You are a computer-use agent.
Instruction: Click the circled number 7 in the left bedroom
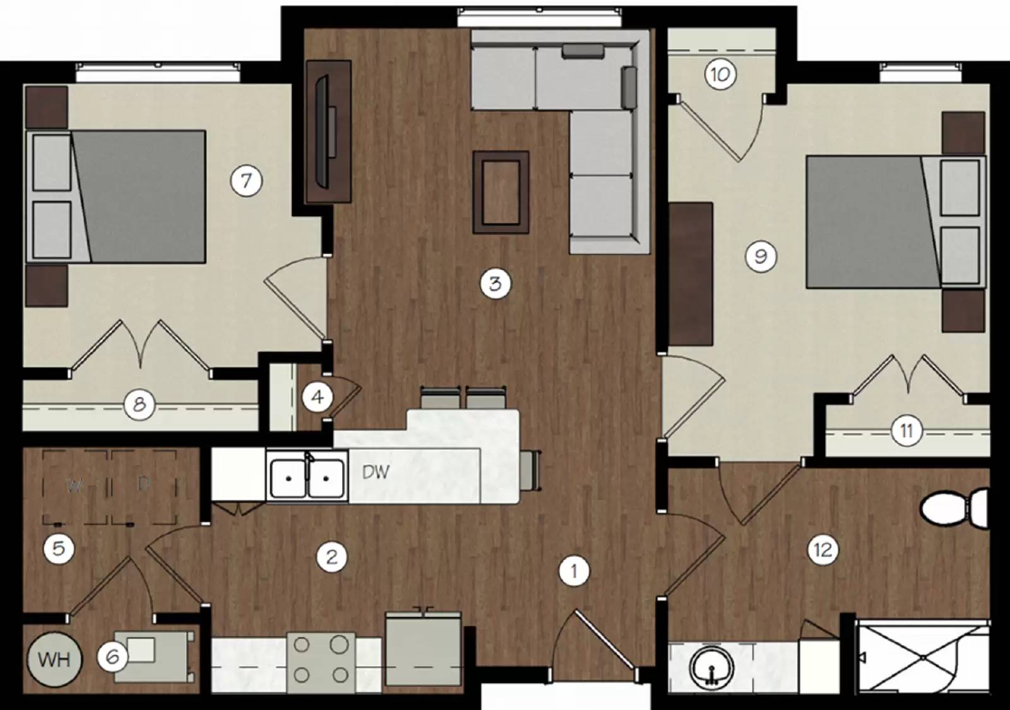246,181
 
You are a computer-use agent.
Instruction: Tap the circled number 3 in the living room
495,284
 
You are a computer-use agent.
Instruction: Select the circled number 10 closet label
720,75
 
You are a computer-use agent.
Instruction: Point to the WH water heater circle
54,659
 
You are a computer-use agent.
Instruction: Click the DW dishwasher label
376,471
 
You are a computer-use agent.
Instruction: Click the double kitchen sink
307,478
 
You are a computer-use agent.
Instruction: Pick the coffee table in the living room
501,192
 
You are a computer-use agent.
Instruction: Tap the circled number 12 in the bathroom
823,550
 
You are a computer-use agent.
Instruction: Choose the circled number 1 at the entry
574,572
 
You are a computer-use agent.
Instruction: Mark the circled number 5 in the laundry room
59,548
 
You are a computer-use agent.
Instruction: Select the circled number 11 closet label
906,431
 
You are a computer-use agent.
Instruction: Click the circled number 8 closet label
139,404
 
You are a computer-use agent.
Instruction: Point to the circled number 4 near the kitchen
318,397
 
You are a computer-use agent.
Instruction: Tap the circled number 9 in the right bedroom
761,256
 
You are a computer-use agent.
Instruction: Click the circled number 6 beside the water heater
112,657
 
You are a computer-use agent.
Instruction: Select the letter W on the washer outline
74,485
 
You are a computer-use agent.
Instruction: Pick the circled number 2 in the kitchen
331,557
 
